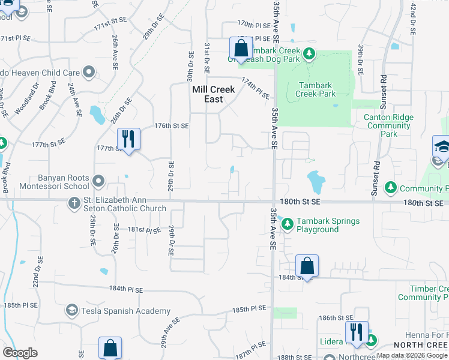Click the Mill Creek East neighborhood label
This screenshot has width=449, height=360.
point(213,94)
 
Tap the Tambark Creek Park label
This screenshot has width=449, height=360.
point(316,89)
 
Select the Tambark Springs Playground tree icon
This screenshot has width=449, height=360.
point(288,224)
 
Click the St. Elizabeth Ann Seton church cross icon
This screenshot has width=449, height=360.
point(74,203)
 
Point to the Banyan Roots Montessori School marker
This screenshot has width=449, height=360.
point(99,180)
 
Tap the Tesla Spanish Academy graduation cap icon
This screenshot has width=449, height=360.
point(72,310)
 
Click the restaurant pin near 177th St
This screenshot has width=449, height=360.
point(128,139)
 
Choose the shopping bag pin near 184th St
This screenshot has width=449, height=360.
point(307,266)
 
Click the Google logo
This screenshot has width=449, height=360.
point(20,353)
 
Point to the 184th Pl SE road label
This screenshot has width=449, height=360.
point(127,289)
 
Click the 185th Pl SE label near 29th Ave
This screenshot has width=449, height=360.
point(249,308)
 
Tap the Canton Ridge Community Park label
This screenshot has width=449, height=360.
point(389,125)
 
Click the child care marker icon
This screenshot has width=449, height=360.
point(89,73)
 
